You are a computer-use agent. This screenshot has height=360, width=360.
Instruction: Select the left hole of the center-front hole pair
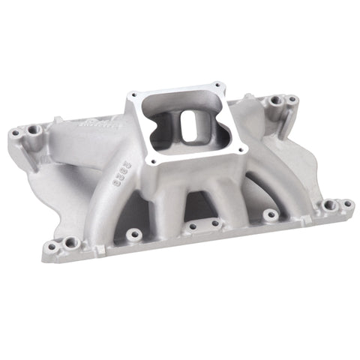coord(193,226)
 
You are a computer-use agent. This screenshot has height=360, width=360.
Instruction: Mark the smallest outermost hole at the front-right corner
coord(348,202)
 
